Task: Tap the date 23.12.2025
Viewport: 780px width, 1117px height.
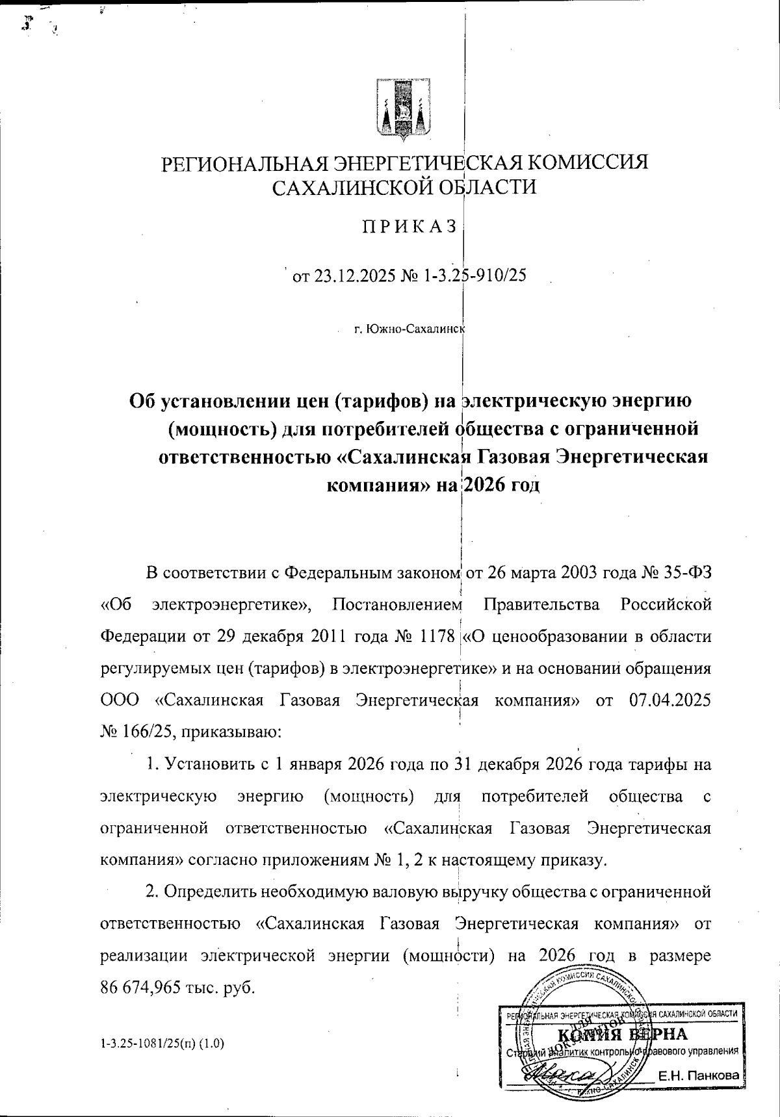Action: tap(354, 276)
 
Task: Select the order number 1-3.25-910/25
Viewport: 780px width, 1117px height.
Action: tap(473, 276)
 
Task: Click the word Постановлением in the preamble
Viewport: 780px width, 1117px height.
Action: tap(396, 605)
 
